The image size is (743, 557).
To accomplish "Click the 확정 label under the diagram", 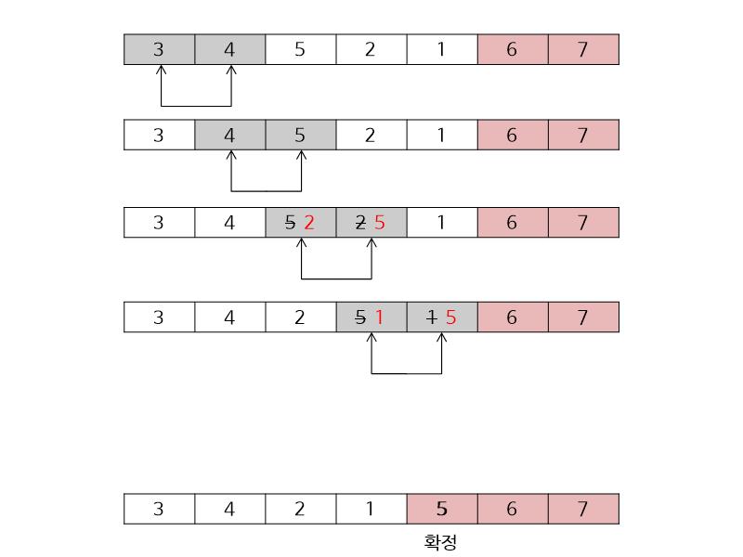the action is pos(440,542).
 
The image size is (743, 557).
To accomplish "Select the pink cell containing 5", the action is pos(441,509).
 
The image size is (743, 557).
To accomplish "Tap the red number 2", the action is pos(309,223).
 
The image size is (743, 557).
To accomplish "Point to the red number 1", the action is pos(379,317).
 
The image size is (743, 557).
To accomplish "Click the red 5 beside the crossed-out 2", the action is pos(379,223).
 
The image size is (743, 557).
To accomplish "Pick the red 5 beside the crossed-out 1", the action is pos(450,317).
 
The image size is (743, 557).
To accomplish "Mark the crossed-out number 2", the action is pos(360,223).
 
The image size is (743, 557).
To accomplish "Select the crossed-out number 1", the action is pos(431,317).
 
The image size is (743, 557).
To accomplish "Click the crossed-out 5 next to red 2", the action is pos(290,223).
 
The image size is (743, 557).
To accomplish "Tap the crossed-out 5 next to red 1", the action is pos(360,317).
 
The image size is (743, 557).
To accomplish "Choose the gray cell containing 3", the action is pos(159,49).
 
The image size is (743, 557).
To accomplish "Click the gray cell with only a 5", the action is pos(300,136).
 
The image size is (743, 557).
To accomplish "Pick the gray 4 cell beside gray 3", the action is pos(229,49).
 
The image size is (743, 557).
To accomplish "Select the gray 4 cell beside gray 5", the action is pos(229,136).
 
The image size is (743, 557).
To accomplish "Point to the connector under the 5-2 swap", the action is pos(336,278).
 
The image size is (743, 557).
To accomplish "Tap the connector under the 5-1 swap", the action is pos(407,373).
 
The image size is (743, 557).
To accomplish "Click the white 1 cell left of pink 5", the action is pos(371,509).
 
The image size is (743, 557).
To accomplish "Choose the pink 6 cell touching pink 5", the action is pos(512,509).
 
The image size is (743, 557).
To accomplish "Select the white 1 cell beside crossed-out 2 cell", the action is pos(441,223).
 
